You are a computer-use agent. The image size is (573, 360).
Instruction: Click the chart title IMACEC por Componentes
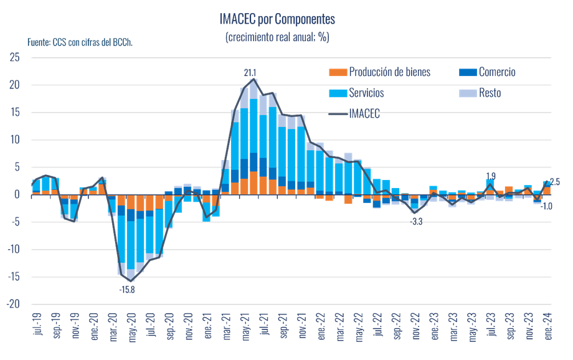point(277,21)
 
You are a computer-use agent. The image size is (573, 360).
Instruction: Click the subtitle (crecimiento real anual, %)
point(277,37)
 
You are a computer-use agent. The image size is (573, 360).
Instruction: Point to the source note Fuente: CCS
point(80,42)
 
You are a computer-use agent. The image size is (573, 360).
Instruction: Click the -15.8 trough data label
point(127,289)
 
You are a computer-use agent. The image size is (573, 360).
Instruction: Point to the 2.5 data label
point(556,182)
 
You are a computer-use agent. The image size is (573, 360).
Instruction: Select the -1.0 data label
point(547,206)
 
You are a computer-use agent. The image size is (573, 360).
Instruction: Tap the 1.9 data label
point(491,175)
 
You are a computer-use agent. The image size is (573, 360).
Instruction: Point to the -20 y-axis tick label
point(13,305)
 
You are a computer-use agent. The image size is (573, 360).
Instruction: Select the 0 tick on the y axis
point(18,194)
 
